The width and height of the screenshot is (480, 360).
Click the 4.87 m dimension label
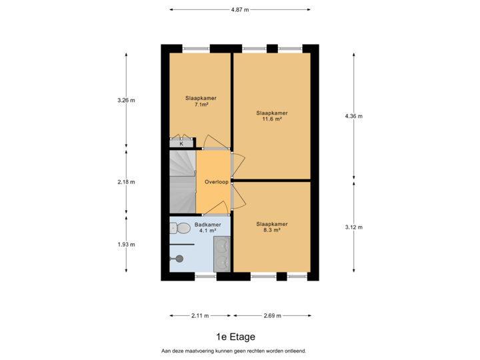pyautogui.click(x=240, y=10)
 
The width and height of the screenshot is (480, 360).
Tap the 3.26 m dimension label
pyautogui.click(x=126, y=100)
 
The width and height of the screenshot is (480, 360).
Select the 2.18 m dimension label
pyautogui.click(x=126, y=181)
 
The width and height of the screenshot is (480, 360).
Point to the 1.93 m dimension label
pyautogui.click(x=126, y=244)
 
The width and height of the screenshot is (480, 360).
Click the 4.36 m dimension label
pyautogui.click(x=353, y=116)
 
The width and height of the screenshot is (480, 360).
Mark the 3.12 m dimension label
pyautogui.click(x=353, y=227)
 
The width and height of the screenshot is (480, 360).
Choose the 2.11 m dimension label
pyautogui.click(x=200, y=315)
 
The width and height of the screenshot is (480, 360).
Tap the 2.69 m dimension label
pyautogui.click(x=272, y=315)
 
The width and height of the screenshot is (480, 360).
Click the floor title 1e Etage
pyautogui.click(x=235, y=337)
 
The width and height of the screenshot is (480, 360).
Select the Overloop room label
pyautogui.click(x=217, y=181)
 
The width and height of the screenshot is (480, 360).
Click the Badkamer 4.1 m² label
pyautogui.click(x=207, y=228)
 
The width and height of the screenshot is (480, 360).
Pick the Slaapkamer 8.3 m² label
pyautogui.click(x=272, y=227)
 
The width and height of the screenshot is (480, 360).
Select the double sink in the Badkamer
pyautogui.click(x=222, y=253)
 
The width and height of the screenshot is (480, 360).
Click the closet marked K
pyautogui.click(x=181, y=143)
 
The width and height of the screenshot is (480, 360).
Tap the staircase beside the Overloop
pyautogui.click(x=182, y=180)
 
